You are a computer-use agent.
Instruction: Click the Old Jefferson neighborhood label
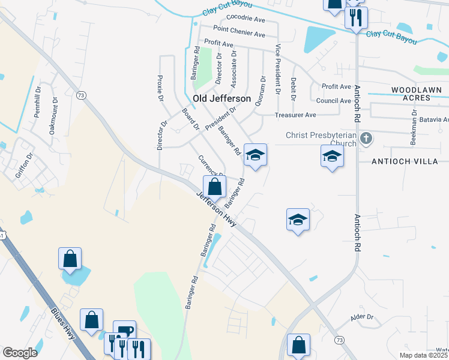pos(221,98)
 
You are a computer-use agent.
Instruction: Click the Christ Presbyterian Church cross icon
pos(366,139)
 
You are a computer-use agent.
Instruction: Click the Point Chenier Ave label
pos(239,29)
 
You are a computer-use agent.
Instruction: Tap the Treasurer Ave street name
pos(295,115)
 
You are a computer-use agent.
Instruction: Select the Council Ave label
pos(333,101)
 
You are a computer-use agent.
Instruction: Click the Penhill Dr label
pos(37,106)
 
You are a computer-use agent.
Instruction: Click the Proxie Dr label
pos(160,88)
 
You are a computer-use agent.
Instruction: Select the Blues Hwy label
pos(63,324)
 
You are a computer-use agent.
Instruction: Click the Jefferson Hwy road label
pos(216,209)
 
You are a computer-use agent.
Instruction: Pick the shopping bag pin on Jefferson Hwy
pos(214,187)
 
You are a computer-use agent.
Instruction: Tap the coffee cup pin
pos(124,331)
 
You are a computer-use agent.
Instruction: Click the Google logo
pos(20,352)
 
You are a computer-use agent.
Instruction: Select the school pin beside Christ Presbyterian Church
pos(332,157)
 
